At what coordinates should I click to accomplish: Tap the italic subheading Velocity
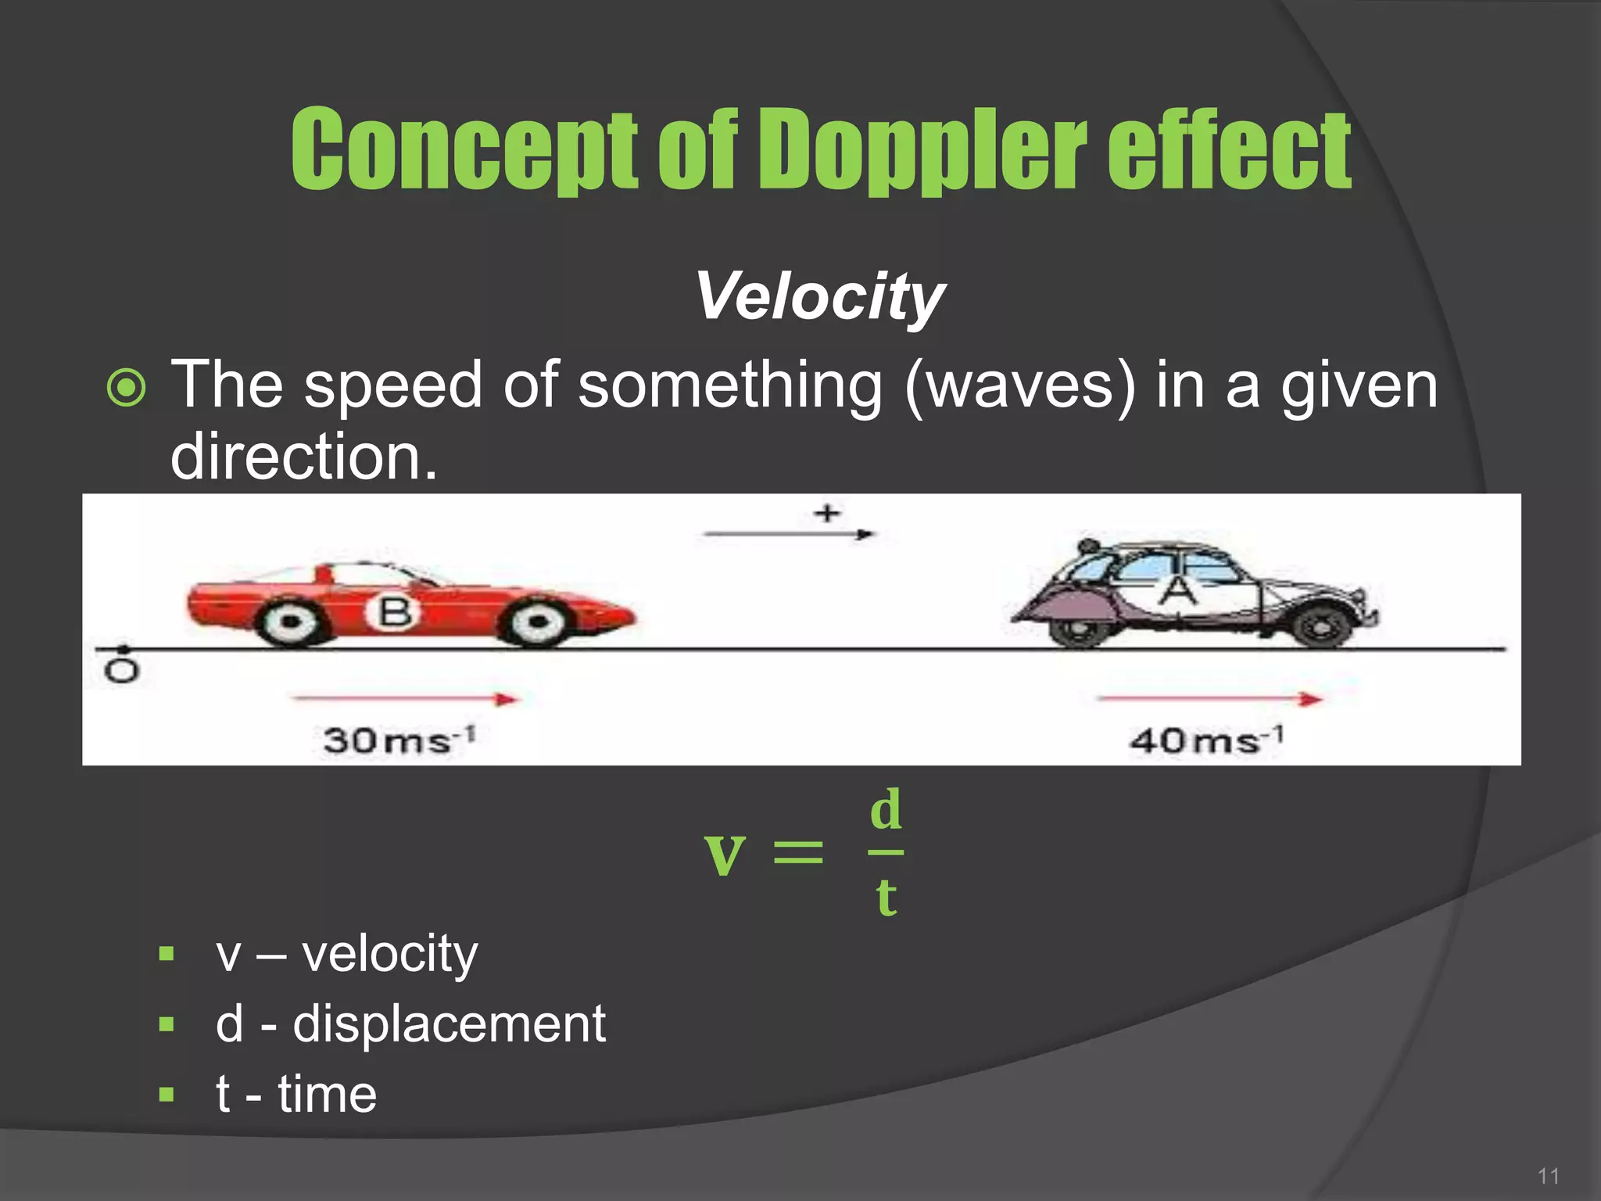[x=820, y=297]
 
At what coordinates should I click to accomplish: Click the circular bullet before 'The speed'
[x=126, y=388]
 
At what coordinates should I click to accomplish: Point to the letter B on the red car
[x=394, y=611]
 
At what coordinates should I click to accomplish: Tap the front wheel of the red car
[x=537, y=622]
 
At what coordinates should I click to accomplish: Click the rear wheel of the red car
[x=291, y=622]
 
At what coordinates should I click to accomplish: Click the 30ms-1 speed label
[x=399, y=739]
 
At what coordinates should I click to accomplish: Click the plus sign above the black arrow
[x=826, y=513]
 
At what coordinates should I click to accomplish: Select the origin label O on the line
[x=122, y=670]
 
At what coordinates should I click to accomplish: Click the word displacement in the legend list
[x=449, y=1024]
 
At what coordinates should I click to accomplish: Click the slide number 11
[x=1548, y=1176]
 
